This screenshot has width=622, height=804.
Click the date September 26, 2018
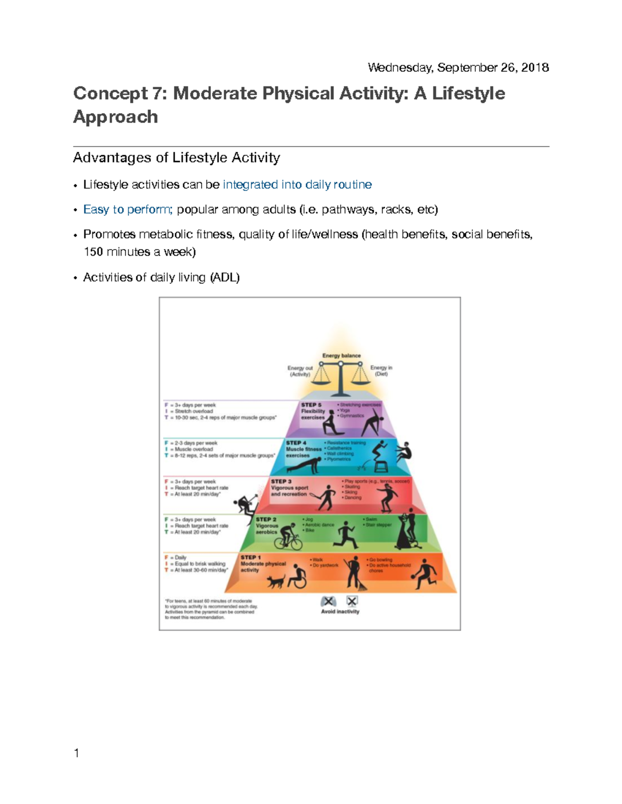(493, 68)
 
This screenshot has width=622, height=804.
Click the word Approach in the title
(116, 117)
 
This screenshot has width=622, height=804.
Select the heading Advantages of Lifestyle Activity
(176, 157)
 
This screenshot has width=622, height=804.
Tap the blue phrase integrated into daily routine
(297, 185)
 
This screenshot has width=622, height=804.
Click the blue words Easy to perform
(128, 210)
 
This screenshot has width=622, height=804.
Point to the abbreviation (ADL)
(224, 277)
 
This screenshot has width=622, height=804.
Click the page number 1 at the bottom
(77, 753)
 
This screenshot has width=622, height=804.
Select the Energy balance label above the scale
(341, 356)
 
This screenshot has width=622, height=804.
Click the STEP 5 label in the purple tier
(311, 405)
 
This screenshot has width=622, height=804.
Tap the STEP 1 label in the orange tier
(250, 558)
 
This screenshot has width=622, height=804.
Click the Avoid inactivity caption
(340, 612)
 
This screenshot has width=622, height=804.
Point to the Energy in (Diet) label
(381, 371)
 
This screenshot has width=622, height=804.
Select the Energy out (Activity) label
(300, 371)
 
